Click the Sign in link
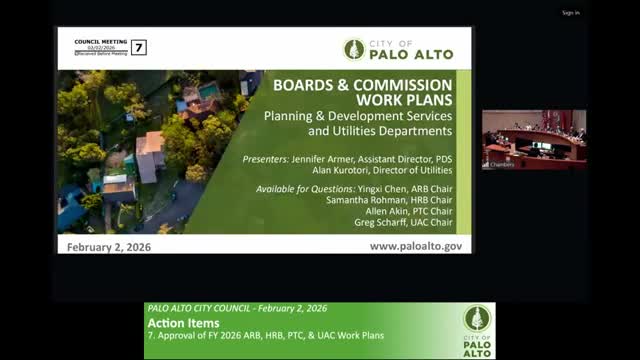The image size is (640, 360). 570,13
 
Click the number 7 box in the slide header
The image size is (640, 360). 139,47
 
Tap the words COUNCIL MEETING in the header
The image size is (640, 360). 101,41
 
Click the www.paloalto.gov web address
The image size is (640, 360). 415,245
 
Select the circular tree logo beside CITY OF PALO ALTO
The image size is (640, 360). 353,49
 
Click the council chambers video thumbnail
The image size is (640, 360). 533,139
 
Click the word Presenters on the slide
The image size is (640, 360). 267,159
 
